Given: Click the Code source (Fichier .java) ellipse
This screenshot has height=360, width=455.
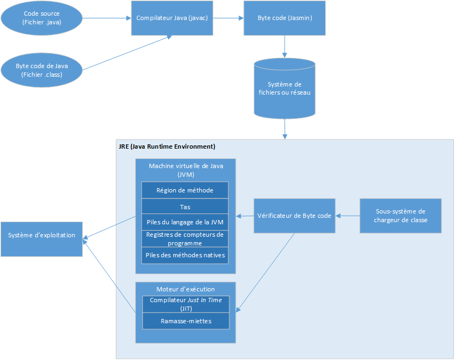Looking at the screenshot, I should click(x=42, y=18).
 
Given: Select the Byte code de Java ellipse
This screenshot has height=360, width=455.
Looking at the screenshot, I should click(x=42, y=70).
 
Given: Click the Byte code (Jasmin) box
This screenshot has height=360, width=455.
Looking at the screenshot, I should click(x=285, y=18).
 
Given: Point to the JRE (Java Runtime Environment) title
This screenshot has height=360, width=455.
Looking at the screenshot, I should click(x=167, y=146).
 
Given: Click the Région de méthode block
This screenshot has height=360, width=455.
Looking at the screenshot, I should click(x=184, y=190).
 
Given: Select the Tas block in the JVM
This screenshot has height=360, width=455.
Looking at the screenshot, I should click(x=184, y=206).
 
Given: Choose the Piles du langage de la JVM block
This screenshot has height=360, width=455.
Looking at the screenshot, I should click(x=184, y=222).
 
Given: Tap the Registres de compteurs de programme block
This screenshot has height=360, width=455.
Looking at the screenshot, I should click(x=184, y=238).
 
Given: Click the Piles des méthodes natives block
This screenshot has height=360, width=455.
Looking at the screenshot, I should click(x=184, y=255).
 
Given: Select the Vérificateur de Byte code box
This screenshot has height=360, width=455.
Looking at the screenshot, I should click(x=294, y=216).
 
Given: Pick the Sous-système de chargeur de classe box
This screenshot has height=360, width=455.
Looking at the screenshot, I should click(x=400, y=216).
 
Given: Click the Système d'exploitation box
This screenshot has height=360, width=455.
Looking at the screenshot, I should click(x=42, y=236).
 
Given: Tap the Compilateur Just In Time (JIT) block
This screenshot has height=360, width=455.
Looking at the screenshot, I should click(x=186, y=304).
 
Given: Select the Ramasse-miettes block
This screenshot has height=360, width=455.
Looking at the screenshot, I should click(x=186, y=321).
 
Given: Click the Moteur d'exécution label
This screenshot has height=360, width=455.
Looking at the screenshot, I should click(x=186, y=289).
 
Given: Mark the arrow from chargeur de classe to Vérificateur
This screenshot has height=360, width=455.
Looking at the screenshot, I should click(x=347, y=216).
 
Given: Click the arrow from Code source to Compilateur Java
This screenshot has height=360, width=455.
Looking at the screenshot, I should click(x=107, y=18).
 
